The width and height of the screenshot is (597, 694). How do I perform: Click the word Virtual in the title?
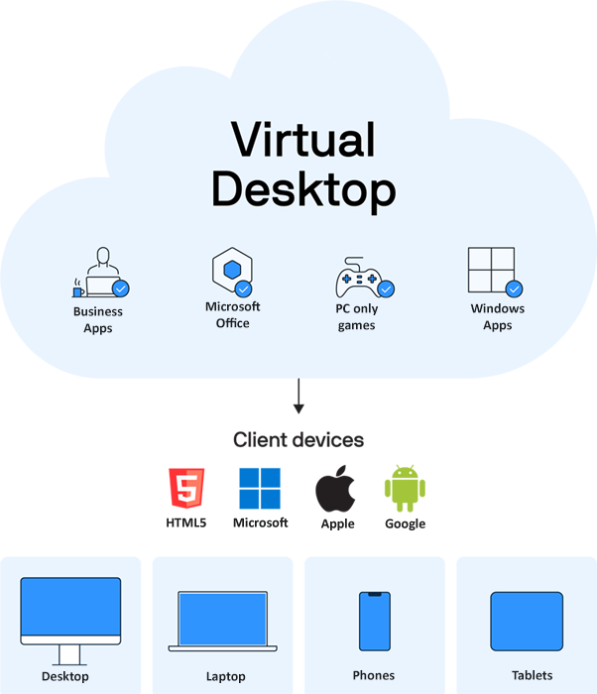(302, 140)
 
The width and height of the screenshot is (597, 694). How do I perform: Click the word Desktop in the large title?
(302, 188)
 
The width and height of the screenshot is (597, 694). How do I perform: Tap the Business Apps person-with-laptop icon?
(100, 274)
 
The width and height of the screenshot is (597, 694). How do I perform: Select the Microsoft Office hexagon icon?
(232, 271)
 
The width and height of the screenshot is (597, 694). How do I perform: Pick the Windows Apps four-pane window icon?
(493, 271)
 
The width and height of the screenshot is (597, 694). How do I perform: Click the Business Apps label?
(98, 319)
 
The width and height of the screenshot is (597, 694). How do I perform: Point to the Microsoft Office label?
(232, 314)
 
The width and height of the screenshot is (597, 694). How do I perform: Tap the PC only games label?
(357, 316)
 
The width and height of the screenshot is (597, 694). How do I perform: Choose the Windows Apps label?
(497, 316)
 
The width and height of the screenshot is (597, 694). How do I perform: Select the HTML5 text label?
(186, 522)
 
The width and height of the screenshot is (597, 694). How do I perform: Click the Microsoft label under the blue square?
(261, 522)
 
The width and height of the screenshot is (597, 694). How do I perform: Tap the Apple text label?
(337, 524)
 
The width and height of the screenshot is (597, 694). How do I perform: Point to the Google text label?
(405, 523)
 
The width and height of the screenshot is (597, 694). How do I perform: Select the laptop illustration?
(224, 622)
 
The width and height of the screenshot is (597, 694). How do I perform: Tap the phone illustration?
(374, 622)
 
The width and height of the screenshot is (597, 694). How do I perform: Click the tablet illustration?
(527, 622)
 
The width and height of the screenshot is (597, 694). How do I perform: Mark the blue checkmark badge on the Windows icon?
(514, 289)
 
